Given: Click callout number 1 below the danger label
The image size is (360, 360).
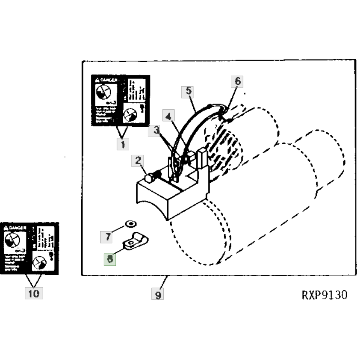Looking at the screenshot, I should click(123, 144).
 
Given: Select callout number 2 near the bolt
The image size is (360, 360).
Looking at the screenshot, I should click(138, 161).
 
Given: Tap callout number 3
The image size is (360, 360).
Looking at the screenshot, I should click(155, 131).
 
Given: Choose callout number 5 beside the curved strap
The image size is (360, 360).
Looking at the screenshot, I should click(188, 92).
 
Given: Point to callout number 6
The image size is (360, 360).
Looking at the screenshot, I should click(238, 82).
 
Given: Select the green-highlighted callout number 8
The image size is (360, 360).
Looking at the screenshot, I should click(110, 259).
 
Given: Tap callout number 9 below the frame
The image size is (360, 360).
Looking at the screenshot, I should click(158, 295).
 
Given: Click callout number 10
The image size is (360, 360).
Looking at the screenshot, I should click(34, 294).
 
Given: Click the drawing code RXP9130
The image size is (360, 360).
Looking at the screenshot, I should click(324, 295).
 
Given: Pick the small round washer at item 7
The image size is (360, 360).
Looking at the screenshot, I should click(131, 224).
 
